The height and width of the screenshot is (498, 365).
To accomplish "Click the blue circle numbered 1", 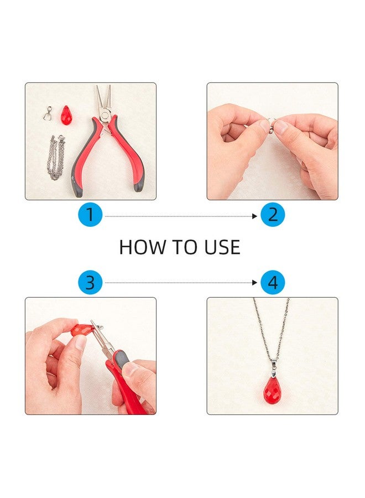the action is coord(91,215).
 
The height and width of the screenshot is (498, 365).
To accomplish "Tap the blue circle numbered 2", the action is coord(273,215).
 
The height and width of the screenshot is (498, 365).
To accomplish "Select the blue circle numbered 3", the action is coord(91,282).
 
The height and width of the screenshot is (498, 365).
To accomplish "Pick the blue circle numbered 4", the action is coord(273,282).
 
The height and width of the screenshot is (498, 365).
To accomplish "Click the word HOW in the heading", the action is coord(143,247).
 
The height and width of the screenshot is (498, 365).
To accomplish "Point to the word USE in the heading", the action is coord(222,247).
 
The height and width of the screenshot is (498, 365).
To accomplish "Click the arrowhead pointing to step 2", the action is coord(254,216).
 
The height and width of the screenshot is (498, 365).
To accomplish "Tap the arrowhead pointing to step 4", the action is coord(254,283).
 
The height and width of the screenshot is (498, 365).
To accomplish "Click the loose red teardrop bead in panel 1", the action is coord(65,115).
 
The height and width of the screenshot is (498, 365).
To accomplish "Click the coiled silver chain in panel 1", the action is coord(56,157).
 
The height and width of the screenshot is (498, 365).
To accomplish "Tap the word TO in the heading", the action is coord(185,247).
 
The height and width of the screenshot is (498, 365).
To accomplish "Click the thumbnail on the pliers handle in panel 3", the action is coord(131,369).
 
